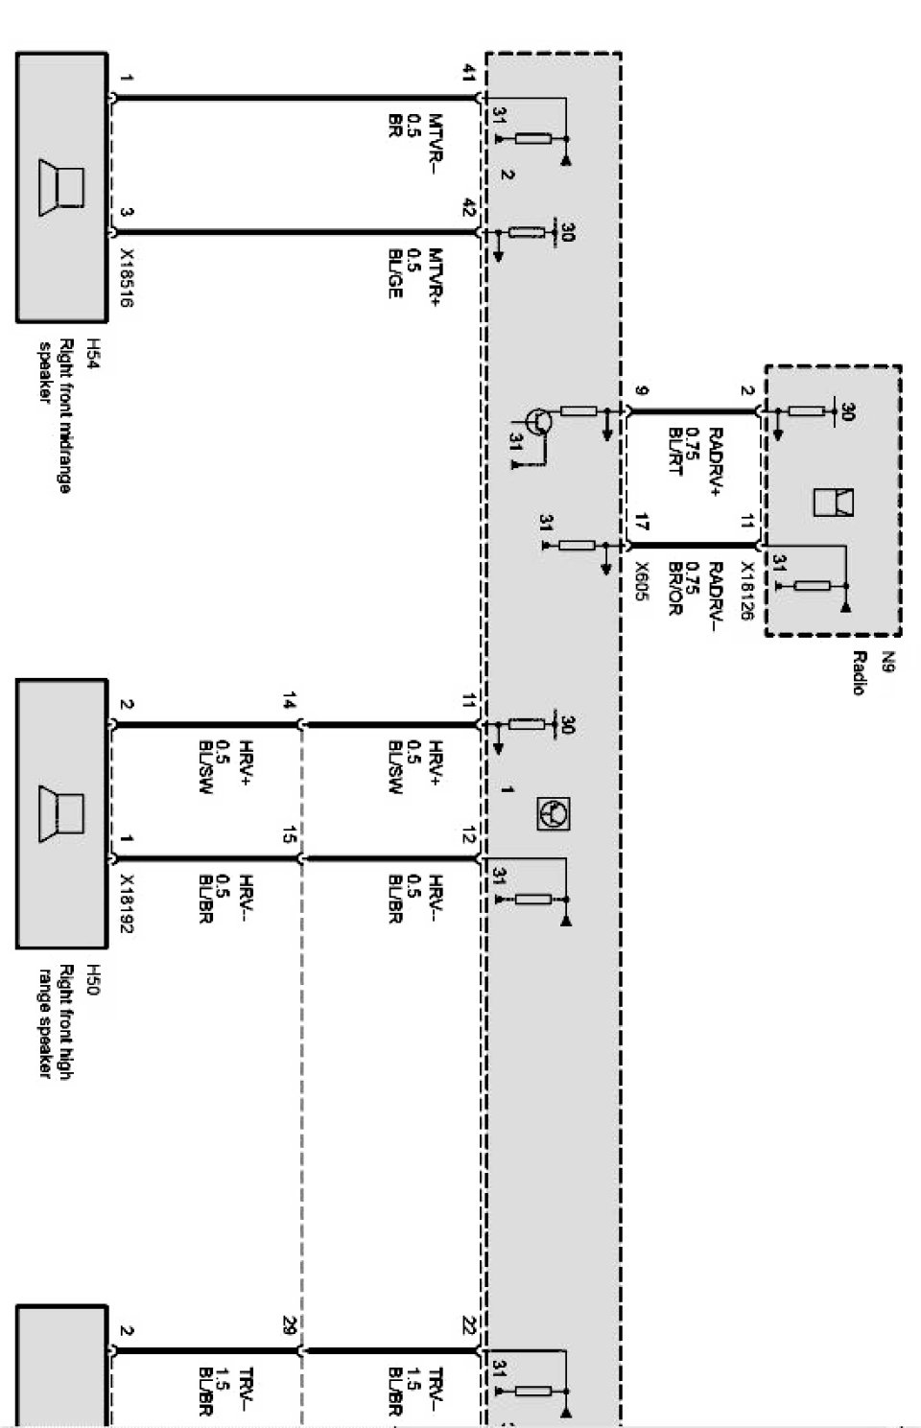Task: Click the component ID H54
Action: click(93, 353)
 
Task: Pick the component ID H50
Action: click(93, 978)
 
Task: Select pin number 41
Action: click(469, 72)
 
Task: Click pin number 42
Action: click(469, 207)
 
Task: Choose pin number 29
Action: click(289, 1326)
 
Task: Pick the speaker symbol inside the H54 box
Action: click(61, 187)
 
